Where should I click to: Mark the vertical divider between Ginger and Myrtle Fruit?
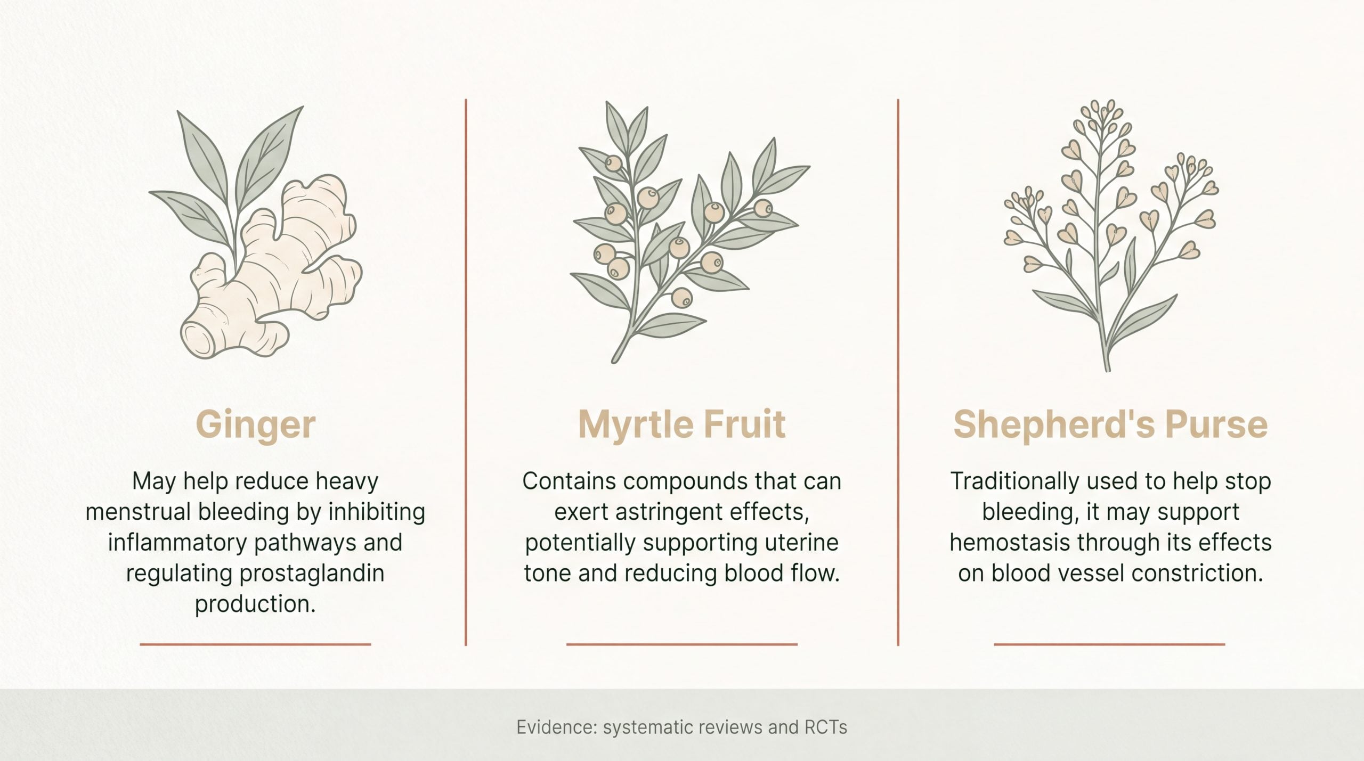pyautogui.click(x=466, y=372)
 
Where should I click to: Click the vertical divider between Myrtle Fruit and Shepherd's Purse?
pyautogui.click(x=898, y=372)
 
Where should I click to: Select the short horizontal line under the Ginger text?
pyautogui.click(x=255, y=644)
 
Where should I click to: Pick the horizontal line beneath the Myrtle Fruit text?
pyautogui.click(x=682, y=644)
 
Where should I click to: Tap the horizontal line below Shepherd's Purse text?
pyautogui.click(x=1109, y=644)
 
